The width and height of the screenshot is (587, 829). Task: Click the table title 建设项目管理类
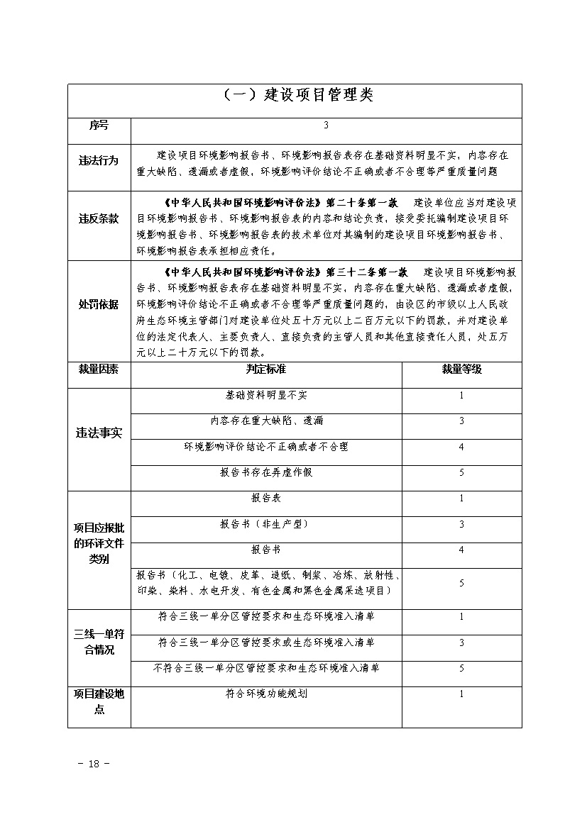point(294,96)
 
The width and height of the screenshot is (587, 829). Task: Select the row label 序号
point(99,126)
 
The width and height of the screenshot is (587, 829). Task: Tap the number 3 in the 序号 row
point(326,126)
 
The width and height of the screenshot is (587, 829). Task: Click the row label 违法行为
point(99,161)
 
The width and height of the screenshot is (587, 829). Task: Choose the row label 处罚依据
point(99,304)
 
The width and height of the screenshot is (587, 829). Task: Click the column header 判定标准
point(266,369)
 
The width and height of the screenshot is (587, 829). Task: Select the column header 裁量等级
point(461,369)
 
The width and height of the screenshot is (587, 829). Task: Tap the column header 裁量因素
point(99,369)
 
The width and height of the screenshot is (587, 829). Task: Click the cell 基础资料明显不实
point(266,395)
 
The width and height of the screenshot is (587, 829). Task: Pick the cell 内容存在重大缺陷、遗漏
point(266,421)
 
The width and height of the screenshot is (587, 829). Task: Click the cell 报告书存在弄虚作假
point(266,472)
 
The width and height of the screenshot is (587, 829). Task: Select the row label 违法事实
point(99,433)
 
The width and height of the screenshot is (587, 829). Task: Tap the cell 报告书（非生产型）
point(266,524)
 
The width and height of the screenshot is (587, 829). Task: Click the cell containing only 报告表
point(266,499)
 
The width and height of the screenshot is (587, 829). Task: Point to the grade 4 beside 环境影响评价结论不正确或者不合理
point(461,447)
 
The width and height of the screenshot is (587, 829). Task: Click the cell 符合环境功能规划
point(266,694)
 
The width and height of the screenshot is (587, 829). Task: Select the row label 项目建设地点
point(99,701)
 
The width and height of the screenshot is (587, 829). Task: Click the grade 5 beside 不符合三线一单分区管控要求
point(461,668)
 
